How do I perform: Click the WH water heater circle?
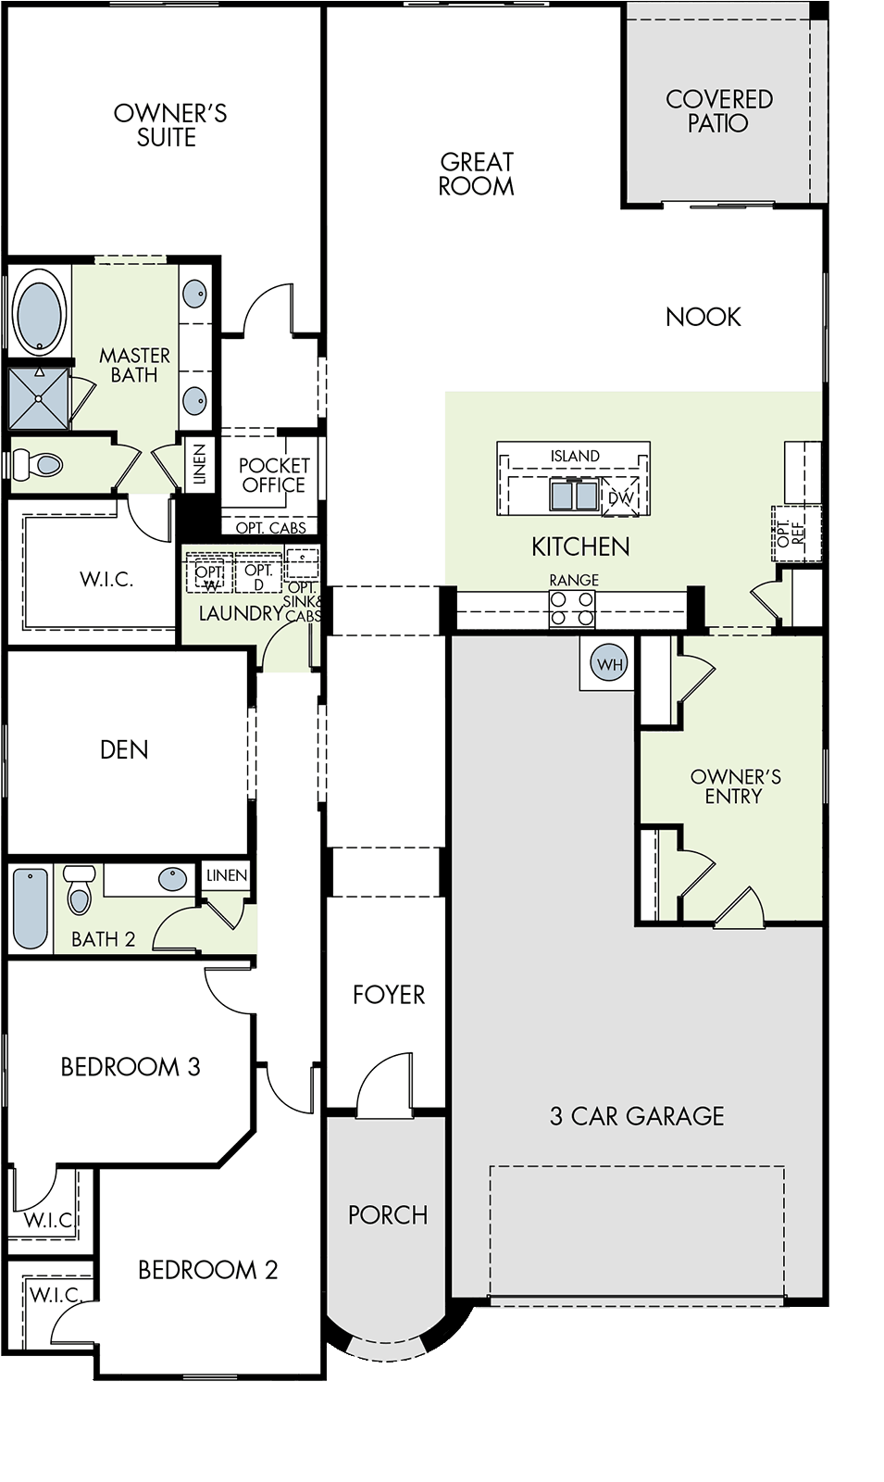tap(609, 663)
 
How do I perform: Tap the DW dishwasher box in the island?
tap(620, 496)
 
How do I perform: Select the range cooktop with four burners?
tap(572, 609)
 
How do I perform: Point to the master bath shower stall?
tap(39, 398)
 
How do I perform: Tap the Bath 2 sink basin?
tap(172, 879)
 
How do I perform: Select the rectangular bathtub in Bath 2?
tap(31, 909)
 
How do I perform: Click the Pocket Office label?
tap(274, 475)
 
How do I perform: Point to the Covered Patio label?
tap(719, 111)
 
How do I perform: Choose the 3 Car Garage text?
tap(637, 1116)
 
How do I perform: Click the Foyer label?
tap(389, 995)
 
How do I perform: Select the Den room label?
tap(124, 749)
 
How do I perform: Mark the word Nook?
tap(703, 317)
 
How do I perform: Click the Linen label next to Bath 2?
tap(227, 875)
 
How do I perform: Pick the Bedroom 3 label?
tap(131, 1066)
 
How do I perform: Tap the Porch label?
tap(388, 1214)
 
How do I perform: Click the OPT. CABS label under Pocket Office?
tap(271, 528)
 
